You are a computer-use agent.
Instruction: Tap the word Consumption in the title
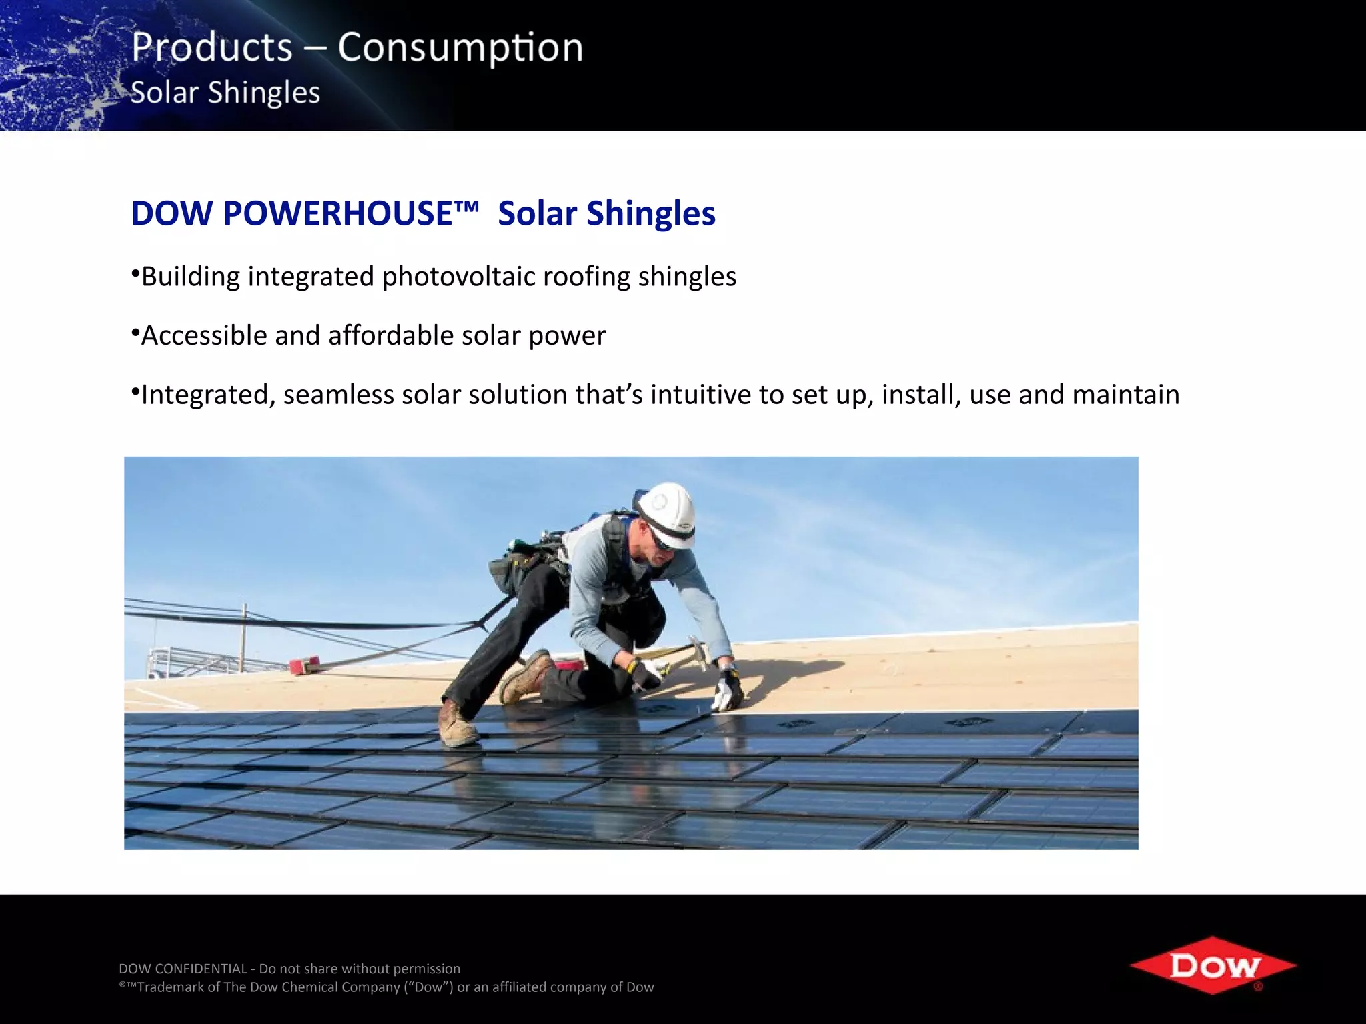(x=460, y=48)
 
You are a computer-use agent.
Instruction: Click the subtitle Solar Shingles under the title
(x=225, y=93)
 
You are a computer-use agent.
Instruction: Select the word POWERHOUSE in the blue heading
(x=351, y=213)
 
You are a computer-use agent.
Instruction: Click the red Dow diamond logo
(x=1213, y=965)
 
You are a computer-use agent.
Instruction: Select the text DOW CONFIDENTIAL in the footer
(x=183, y=969)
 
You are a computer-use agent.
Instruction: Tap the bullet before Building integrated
(x=135, y=274)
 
